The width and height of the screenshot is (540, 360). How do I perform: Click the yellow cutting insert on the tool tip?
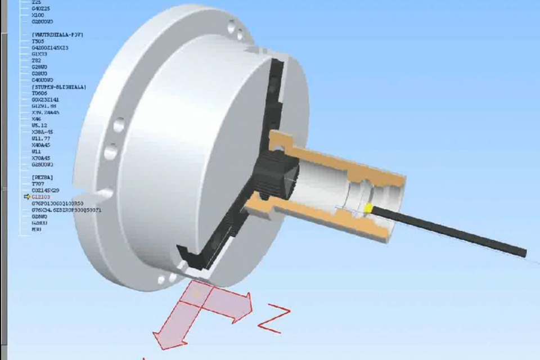point(368,209)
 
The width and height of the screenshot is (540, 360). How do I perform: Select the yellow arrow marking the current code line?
point(26,197)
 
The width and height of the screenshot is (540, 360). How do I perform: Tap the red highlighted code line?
point(41,197)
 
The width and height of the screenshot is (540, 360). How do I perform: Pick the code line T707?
point(38,184)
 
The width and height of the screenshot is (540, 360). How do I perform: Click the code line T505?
point(38,42)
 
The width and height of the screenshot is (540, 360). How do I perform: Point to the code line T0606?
point(39,93)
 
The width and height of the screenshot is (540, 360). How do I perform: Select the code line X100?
point(38,15)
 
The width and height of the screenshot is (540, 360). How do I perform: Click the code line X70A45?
point(41,158)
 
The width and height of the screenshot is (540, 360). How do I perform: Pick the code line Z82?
point(36,61)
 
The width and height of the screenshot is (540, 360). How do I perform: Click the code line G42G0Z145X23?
point(50,48)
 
